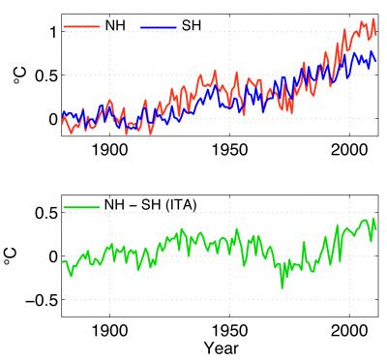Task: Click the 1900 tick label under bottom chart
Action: tap(109, 329)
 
